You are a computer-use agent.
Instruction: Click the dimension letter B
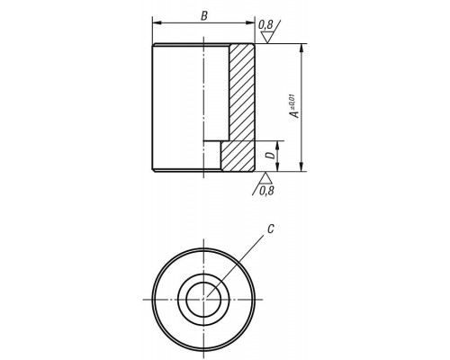[204, 16]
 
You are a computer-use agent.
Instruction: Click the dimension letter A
[295, 114]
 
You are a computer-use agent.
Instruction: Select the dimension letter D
[271, 155]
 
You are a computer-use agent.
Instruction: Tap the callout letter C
[271, 229]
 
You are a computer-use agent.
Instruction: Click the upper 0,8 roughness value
[265, 25]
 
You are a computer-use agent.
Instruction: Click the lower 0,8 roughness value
[266, 190]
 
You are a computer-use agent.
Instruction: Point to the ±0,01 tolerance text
[292, 102]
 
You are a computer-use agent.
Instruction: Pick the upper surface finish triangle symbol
[266, 38]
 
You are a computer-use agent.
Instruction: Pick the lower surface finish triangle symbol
[265, 178]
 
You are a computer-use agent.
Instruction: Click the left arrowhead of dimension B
[157, 22]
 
